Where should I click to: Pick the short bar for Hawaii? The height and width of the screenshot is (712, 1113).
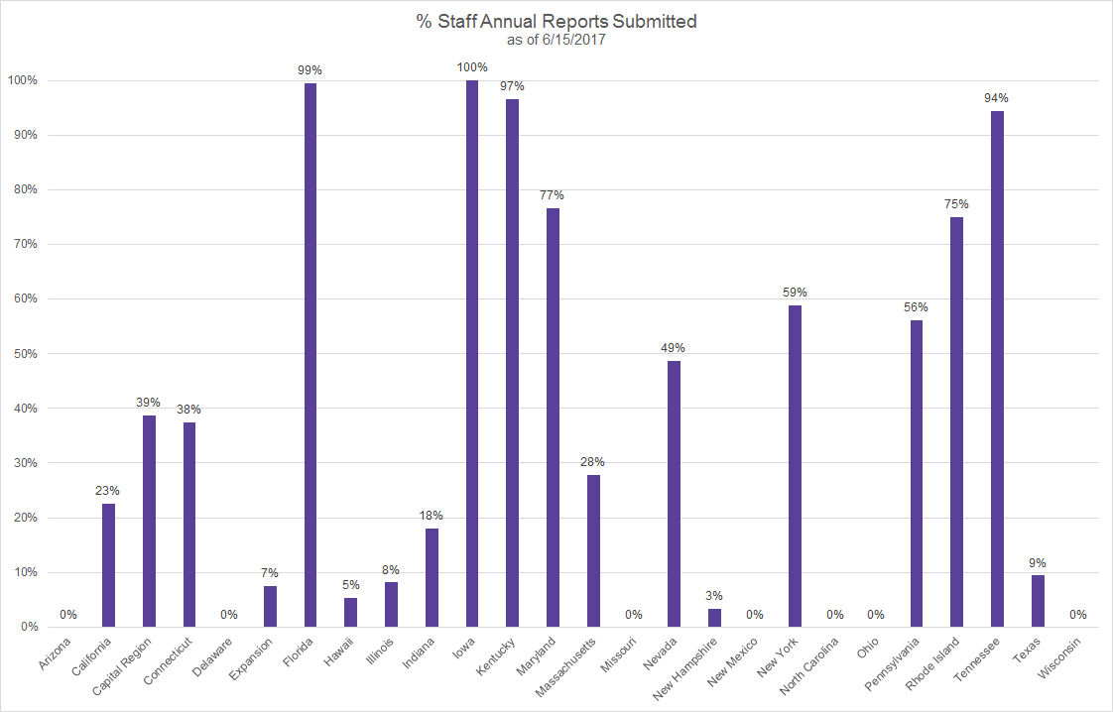(x=350, y=612)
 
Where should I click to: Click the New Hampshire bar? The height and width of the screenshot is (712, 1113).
(x=714, y=618)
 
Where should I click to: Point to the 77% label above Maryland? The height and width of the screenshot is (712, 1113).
(x=553, y=195)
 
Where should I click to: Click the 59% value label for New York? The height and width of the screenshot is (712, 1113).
(x=795, y=293)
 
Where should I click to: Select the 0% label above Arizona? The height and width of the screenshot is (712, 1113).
(x=68, y=615)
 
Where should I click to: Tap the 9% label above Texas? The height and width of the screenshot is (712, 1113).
(x=1038, y=562)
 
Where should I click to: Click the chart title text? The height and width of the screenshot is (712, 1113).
(x=556, y=22)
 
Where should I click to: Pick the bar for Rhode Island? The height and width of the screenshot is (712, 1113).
(x=956, y=421)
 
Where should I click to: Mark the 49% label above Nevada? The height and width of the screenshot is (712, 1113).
(x=674, y=348)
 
